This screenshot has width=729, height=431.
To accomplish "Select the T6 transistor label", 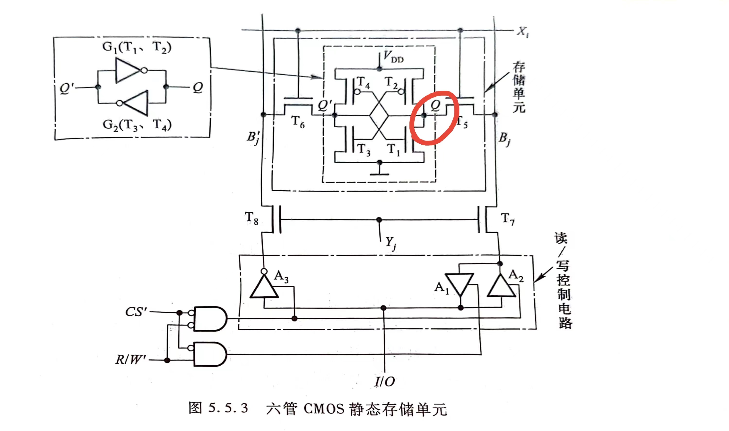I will pyautogui.click(x=298, y=122).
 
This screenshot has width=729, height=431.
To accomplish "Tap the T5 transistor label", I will pyautogui.click(x=462, y=123).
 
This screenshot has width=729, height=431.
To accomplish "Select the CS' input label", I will pyautogui.click(x=136, y=312).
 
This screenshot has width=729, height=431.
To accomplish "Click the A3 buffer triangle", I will pyautogui.click(x=264, y=288).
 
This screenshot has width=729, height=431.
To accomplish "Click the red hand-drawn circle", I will pyautogui.click(x=434, y=118).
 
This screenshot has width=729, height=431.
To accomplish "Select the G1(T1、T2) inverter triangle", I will pyautogui.click(x=128, y=70).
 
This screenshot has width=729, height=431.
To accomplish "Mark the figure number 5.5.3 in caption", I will pyautogui.click(x=228, y=408).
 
